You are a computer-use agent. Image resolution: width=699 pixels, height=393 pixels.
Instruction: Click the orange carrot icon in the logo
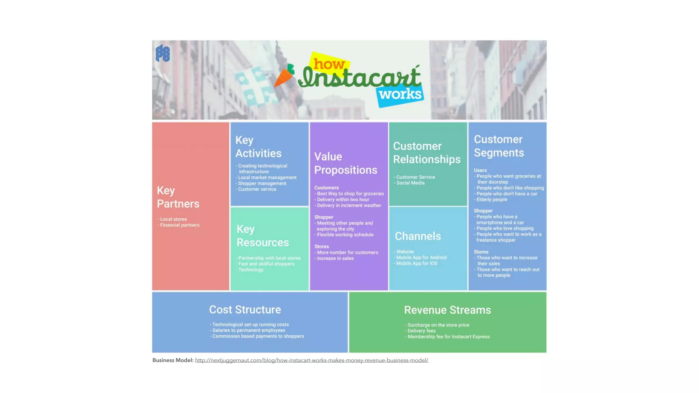pos(284,75)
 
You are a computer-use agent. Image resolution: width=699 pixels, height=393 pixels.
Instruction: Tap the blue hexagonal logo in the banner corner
pos(162,54)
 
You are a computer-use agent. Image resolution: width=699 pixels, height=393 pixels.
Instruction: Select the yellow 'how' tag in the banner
pos(328,63)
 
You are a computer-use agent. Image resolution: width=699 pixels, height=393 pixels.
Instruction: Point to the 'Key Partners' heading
pos(178,197)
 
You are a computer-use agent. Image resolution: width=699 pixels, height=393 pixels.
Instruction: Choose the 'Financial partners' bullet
pos(180,225)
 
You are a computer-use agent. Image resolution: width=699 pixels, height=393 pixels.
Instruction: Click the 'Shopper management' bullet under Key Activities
pos(262,184)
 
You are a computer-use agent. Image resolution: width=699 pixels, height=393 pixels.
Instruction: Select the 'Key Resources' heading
pos(262,235)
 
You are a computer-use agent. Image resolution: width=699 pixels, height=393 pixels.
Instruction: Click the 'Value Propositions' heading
pos(345,163)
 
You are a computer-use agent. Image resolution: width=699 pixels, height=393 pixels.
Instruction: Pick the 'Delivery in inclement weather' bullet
pos(348,205)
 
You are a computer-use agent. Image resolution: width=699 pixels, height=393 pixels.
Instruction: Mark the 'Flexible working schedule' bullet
pos(345,235)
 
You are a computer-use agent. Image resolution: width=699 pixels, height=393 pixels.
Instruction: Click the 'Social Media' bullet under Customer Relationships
pos(410,183)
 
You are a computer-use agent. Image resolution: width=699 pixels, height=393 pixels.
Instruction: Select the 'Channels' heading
pos(418,236)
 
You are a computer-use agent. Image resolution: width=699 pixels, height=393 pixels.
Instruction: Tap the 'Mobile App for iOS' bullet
pos(416,263)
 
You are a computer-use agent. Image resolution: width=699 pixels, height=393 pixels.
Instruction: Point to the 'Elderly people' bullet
pos(491,200)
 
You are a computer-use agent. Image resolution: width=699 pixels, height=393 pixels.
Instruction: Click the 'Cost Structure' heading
pos(245,309)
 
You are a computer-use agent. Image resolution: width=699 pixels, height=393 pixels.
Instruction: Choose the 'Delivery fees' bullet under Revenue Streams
pos(421,331)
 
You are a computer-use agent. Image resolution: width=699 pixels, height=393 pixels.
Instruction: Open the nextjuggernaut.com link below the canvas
pos(311,360)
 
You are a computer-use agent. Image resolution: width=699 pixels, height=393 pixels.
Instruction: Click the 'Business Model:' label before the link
pos(173,360)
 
